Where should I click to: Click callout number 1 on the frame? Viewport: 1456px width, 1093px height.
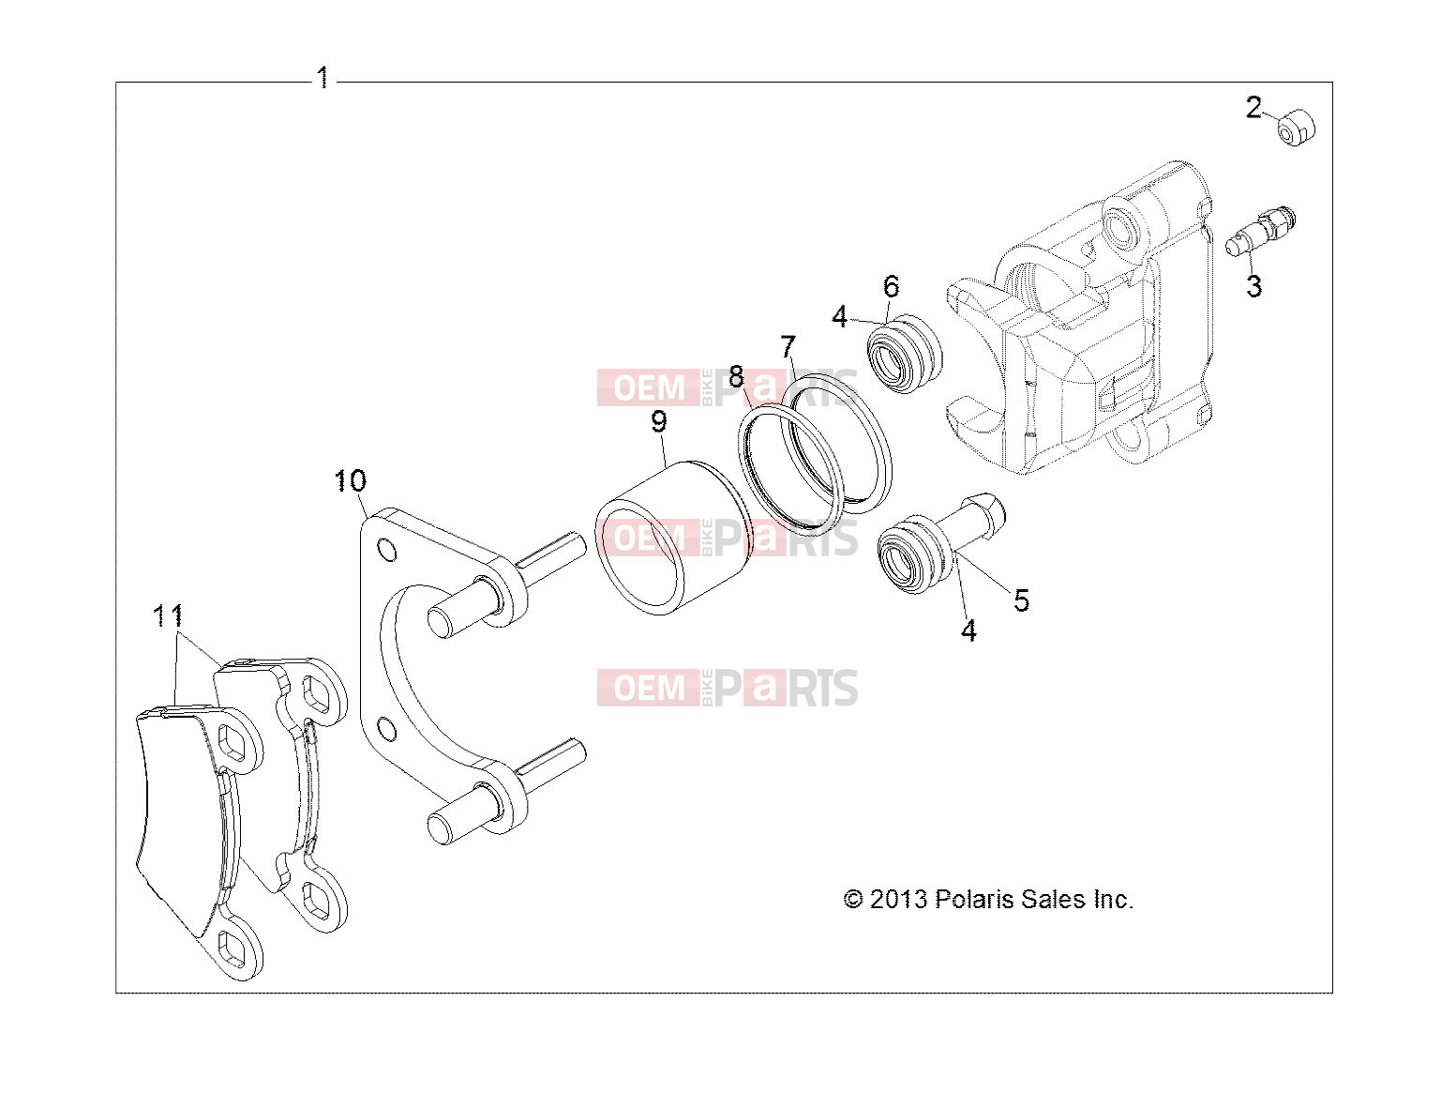tap(323, 78)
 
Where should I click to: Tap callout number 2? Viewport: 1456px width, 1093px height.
tap(1253, 108)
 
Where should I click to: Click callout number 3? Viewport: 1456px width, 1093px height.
tap(1253, 286)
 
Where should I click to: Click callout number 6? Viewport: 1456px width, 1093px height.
tap(892, 286)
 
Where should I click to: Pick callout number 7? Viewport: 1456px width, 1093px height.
tap(788, 346)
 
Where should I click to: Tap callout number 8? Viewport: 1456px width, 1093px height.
tap(736, 376)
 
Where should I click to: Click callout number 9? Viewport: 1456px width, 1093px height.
tap(659, 420)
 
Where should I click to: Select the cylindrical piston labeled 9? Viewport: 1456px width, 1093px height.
tap(672, 538)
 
